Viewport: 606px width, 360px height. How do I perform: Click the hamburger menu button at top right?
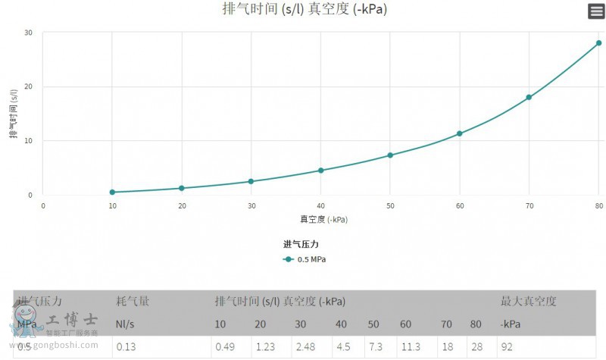[596, 11]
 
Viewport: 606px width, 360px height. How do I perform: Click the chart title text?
[309, 9]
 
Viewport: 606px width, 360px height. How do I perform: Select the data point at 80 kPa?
[598, 43]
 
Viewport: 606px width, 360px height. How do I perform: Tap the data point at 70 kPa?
[529, 97]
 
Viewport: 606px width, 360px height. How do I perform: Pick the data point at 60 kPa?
[459, 133]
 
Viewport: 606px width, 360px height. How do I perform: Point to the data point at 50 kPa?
[390, 155]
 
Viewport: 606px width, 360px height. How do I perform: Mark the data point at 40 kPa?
[320, 171]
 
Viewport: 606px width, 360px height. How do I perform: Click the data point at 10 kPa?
[112, 192]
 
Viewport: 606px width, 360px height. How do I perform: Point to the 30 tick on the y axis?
[28, 33]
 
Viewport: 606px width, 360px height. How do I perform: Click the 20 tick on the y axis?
[28, 86]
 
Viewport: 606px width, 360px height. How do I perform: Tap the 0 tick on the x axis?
[43, 206]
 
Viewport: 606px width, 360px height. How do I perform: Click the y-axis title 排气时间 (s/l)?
[14, 114]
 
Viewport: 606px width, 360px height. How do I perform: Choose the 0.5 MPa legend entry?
[305, 259]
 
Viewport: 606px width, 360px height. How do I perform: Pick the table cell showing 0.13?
[125, 347]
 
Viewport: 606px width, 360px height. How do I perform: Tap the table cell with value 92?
[507, 347]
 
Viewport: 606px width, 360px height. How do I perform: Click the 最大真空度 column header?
[528, 302]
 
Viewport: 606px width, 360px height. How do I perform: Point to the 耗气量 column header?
[133, 302]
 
